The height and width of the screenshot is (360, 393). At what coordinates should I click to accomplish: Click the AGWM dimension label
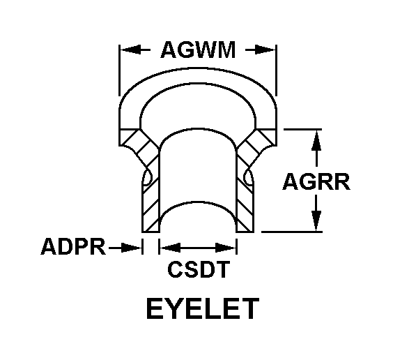[x=198, y=50]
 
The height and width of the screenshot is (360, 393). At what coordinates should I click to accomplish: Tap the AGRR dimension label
[x=316, y=181]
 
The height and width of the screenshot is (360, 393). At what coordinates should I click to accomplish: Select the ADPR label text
[x=73, y=246]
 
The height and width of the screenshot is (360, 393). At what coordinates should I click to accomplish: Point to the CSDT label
[x=199, y=269]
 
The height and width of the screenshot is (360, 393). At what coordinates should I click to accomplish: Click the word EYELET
[x=203, y=308]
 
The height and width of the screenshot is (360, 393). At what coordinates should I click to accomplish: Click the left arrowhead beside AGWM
[x=130, y=50]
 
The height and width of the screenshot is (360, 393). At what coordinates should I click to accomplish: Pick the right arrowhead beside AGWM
[x=265, y=50]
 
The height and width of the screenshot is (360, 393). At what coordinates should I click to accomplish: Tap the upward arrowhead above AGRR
[x=316, y=140]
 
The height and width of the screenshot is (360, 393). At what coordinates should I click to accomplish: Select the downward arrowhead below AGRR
[x=316, y=220]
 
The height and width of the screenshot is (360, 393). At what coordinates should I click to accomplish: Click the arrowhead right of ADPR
[x=131, y=248]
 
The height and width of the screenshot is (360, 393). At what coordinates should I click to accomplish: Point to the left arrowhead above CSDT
[x=171, y=248]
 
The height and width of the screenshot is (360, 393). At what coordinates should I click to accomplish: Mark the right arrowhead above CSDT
[x=225, y=248]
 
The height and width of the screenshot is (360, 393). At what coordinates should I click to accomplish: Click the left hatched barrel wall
[x=151, y=201]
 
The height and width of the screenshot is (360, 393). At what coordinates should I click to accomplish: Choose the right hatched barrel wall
[x=245, y=201]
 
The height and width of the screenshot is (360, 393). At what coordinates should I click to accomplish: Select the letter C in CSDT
[x=175, y=269]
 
